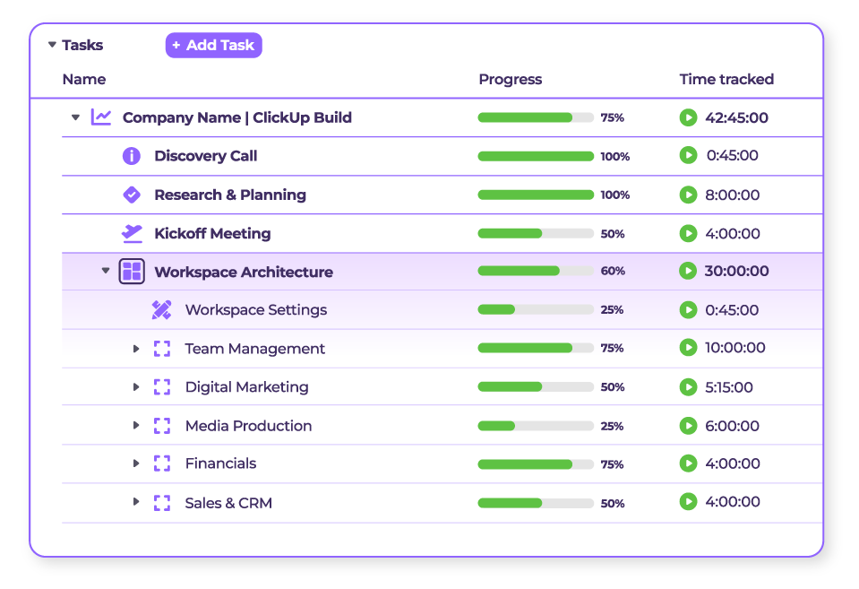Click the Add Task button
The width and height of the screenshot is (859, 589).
click(213, 45)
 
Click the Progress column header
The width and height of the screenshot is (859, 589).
click(510, 79)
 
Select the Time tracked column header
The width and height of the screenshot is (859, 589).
click(726, 79)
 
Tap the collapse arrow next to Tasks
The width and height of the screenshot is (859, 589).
click(52, 45)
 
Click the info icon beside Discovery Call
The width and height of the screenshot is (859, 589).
click(132, 156)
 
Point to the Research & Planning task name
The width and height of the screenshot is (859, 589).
click(229, 195)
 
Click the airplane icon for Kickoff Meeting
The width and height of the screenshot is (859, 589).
click(132, 233)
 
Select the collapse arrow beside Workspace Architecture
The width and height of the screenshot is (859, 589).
click(106, 271)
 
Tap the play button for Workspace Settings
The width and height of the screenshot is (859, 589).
click(687, 310)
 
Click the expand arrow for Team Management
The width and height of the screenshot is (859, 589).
click(136, 349)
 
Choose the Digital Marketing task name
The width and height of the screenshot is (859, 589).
click(246, 387)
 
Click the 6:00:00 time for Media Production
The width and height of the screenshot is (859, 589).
click(732, 426)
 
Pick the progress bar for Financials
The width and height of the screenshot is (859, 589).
click(535, 464)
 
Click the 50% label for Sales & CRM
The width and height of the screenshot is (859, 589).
click(613, 504)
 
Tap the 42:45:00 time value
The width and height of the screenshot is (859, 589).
click(736, 117)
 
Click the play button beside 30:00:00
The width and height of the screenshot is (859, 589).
click(687, 271)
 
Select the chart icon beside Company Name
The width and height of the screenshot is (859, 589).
click(101, 117)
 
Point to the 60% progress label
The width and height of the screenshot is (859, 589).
click(613, 271)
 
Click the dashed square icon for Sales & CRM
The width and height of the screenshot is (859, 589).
click(161, 503)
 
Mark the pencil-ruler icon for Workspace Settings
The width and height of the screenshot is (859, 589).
click(161, 310)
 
